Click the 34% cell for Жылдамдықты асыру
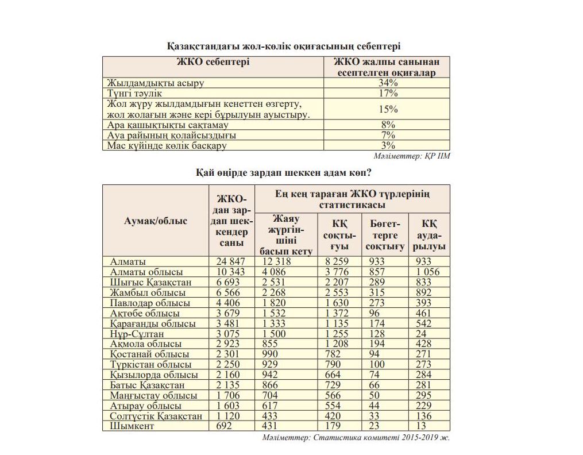click(388, 83)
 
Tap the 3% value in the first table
click(388, 145)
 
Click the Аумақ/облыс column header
click(156, 221)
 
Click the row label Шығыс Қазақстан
click(150, 282)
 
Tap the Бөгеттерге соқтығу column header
click(384, 234)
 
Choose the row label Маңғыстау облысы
click(153, 395)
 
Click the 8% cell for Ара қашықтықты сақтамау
click(388, 125)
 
